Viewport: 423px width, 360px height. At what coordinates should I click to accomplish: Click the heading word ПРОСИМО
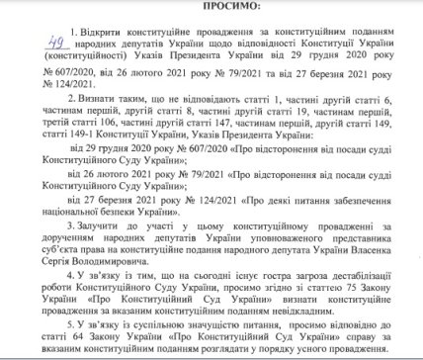point(211,7)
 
